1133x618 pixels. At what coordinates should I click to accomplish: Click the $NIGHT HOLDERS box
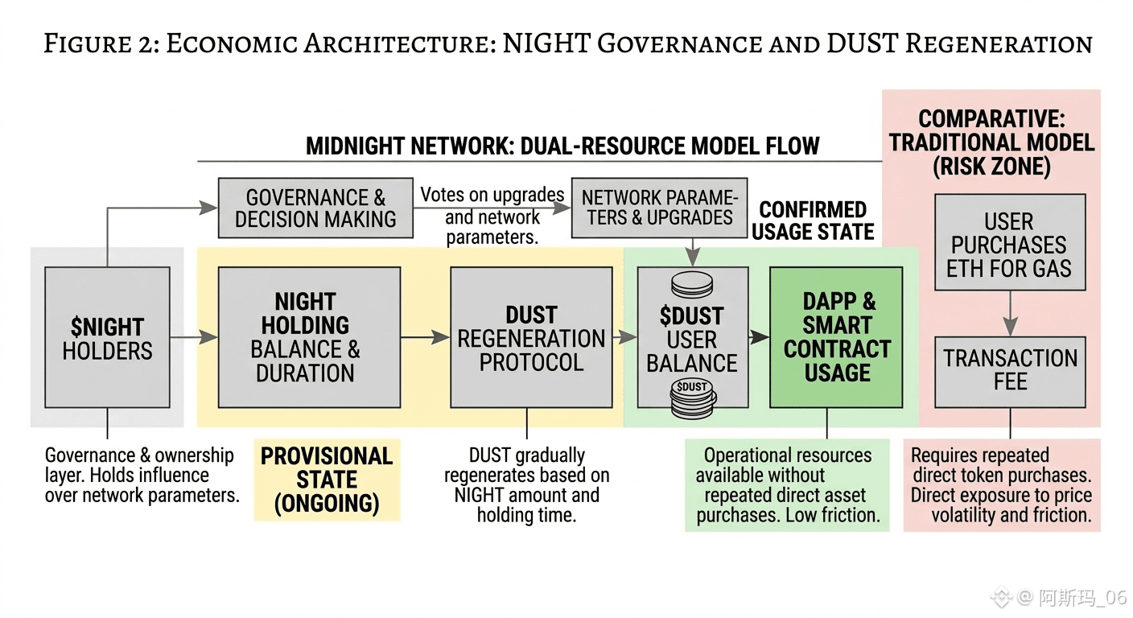(x=107, y=337)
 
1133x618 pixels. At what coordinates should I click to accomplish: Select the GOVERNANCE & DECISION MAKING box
(x=315, y=208)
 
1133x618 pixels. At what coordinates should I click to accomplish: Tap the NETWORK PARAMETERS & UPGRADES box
(x=657, y=208)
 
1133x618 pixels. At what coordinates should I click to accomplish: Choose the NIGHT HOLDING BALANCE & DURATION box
(x=309, y=337)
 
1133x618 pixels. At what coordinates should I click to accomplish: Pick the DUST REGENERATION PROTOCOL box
(x=530, y=337)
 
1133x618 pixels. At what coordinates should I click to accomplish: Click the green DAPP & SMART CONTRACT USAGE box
(x=836, y=337)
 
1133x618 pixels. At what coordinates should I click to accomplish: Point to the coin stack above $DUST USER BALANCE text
(x=692, y=286)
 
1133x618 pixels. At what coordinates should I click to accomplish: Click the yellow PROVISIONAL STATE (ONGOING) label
(x=327, y=480)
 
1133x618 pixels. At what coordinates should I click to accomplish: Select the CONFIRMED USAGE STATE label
(x=813, y=221)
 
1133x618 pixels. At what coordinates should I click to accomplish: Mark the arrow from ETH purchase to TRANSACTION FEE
(x=1010, y=315)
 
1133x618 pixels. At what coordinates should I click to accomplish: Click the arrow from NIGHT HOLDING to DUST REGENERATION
(x=425, y=337)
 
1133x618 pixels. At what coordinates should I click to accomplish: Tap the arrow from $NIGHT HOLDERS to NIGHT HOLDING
(x=194, y=337)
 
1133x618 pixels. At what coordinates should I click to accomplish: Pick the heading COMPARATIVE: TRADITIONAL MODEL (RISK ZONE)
(x=991, y=143)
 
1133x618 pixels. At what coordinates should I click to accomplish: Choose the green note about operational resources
(x=788, y=485)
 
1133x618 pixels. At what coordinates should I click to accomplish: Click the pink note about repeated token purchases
(x=1001, y=485)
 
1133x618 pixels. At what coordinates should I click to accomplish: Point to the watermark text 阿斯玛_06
(x=1081, y=597)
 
